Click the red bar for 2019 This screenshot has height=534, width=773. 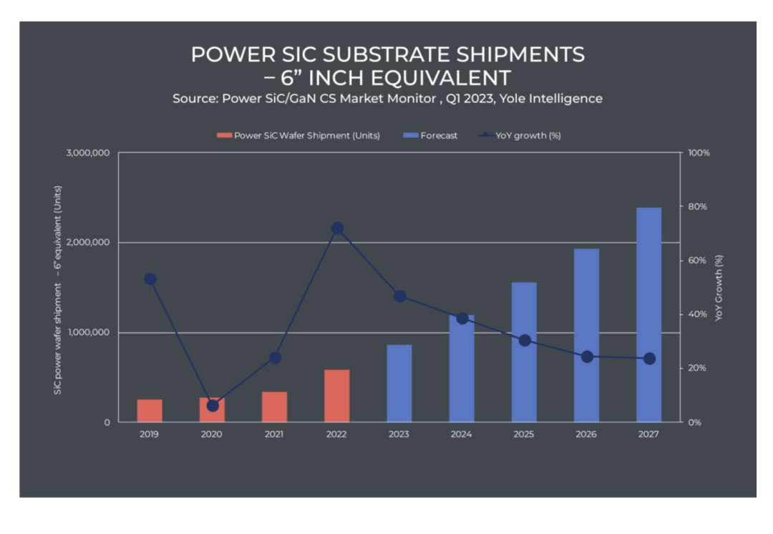click(150, 410)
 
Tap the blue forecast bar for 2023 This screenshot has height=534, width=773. click(399, 383)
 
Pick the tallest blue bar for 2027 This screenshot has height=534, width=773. click(648, 315)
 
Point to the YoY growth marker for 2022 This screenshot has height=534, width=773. click(338, 228)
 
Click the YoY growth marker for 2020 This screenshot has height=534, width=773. click(213, 405)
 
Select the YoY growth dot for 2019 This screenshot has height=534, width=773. click(150, 279)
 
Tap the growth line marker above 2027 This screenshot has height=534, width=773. click(649, 359)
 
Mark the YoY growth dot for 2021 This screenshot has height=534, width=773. click(275, 357)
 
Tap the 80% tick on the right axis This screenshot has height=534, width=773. click(697, 207)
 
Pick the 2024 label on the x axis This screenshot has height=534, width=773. click(462, 434)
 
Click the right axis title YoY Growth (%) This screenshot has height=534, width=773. click(719, 287)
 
